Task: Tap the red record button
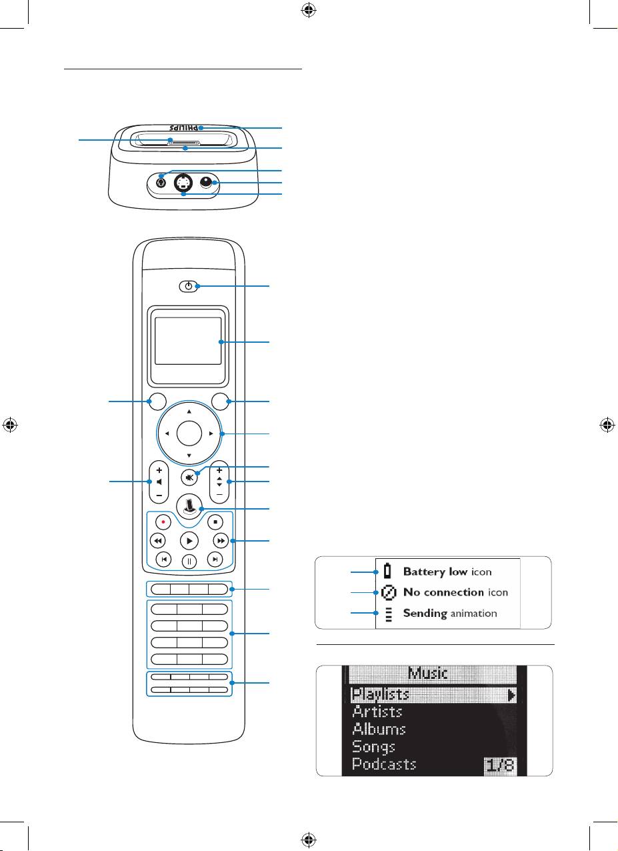(163, 521)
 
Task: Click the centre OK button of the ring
(189, 434)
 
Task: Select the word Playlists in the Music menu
(381, 694)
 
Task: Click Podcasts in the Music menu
(384, 764)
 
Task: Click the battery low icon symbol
(387, 572)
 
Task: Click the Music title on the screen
(428, 674)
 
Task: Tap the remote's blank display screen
(188, 340)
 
